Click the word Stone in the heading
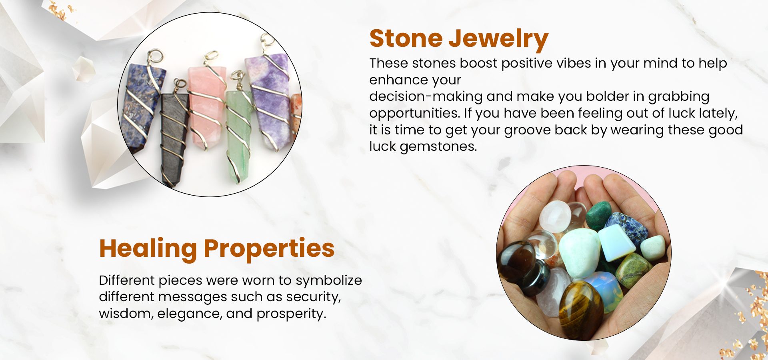pos(406,38)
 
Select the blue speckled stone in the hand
pos(627,228)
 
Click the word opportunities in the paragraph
pos(414,114)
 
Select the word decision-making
pos(426,97)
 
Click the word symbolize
pos(329,280)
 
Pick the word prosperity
pos(291,314)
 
